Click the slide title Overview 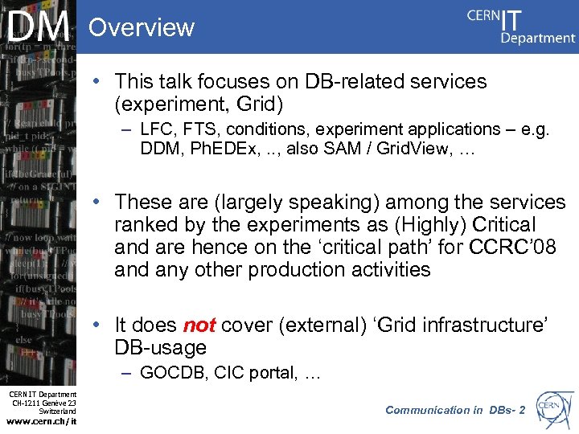point(142,27)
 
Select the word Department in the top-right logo point(538,37)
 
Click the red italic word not point(199,325)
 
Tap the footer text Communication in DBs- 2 point(454,410)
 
